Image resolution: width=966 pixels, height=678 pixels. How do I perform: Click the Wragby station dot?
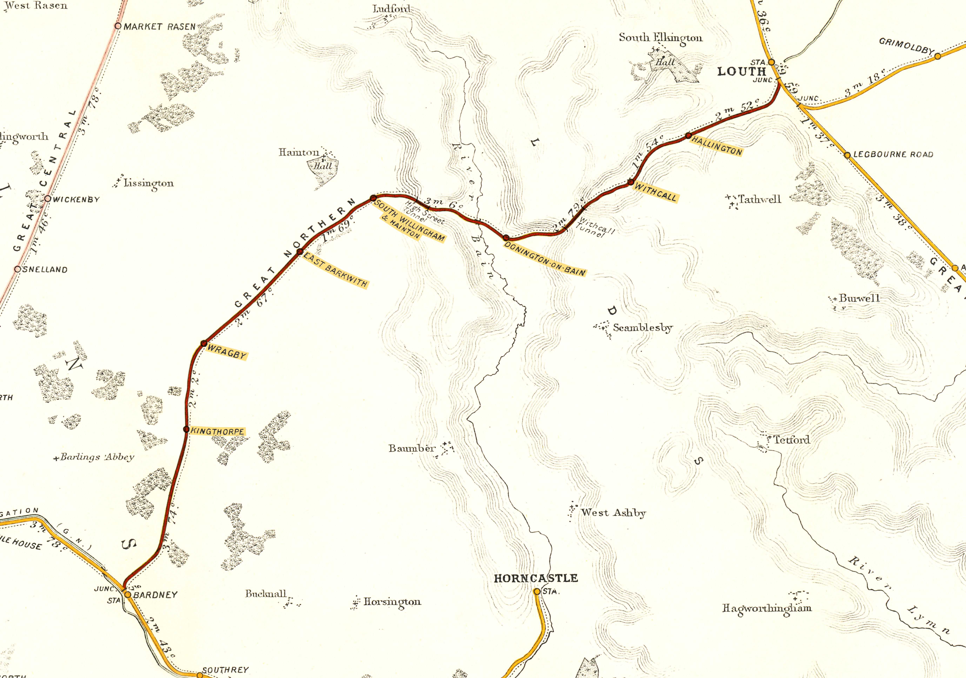click(x=204, y=343)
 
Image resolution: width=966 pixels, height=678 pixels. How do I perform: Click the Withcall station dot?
click(x=630, y=182)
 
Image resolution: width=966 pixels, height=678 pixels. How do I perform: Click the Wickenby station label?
click(x=76, y=199)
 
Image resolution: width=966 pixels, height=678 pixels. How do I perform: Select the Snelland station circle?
click(x=18, y=269)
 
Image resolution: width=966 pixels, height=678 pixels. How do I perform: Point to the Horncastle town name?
click(x=536, y=578)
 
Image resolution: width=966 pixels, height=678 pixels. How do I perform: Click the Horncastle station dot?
click(x=537, y=591)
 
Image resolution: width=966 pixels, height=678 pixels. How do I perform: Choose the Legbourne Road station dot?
click(x=847, y=155)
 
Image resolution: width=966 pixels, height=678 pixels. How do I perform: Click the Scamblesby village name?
click(x=643, y=328)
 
